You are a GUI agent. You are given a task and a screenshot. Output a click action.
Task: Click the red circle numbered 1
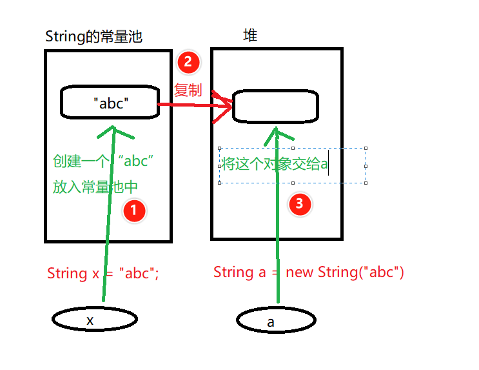click(x=133, y=210)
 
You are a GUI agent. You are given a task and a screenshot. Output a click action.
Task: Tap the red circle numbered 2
click(x=188, y=62)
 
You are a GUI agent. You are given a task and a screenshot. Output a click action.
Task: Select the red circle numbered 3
click(x=299, y=205)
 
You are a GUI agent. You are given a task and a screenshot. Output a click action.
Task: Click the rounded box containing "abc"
click(x=110, y=103)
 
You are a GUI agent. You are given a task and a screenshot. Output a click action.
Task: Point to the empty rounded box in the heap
click(x=275, y=107)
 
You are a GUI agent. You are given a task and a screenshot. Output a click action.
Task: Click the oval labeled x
click(x=94, y=319)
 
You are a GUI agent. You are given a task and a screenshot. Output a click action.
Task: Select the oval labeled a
click(x=276, y=320)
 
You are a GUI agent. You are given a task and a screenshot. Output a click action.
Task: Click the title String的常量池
click(x=93, y=37)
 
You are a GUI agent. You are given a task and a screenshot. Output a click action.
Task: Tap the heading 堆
click(x=250, y=36)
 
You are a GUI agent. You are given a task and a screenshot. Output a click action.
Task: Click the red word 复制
click(x=188, y=90)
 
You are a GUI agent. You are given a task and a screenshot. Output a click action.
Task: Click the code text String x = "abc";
click(x=103, y=273)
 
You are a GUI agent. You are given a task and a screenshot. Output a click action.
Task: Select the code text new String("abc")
click(x=345, y=272)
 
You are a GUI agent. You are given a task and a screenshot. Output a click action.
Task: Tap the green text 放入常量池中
click(x=95, y=188)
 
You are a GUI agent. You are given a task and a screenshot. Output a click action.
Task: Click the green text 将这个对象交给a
click(x=275, y=165)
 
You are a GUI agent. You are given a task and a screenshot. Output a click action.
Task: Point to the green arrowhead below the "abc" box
click(x=115, y=132)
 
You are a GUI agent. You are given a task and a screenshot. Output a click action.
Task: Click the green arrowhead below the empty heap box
click(x=276, y=132)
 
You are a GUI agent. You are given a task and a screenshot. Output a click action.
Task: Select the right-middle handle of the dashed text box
click(x=366, y=165)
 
